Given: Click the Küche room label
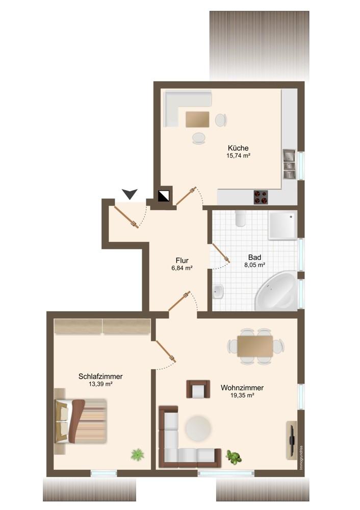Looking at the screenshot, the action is [x=238, y=148].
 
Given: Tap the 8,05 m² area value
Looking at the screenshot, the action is [x=254, y=265].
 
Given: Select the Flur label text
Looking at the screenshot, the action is [x=182, y=261].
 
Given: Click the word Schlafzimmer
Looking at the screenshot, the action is [x=100, y=376].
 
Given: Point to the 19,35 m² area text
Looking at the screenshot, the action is [x=242, y=395].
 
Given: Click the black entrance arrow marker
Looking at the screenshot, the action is [x=130, y=194].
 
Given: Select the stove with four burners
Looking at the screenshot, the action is [x=261, y=197].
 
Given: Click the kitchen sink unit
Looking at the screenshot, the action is [x=289, y=164].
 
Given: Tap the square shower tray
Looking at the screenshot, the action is [x=282, y=225].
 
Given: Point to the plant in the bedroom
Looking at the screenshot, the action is [x=138, y=454].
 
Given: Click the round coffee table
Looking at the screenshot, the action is [x=198, y=428].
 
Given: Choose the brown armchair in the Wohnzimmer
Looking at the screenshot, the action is [x=198, y=389].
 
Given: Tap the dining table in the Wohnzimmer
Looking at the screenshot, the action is [x=255, y=346].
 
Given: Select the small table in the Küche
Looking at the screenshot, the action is [x=197, y=119].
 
